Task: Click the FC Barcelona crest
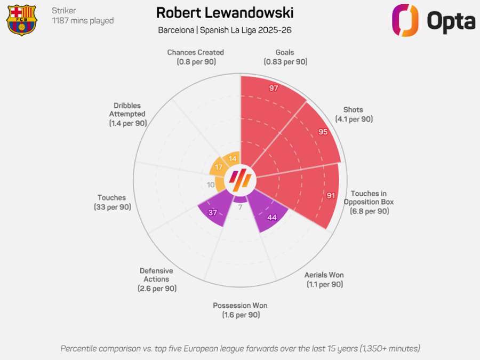(x=21, y=20)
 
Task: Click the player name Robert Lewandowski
(x=225, y=12)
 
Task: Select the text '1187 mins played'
(x=83, y=21)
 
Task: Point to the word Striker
(x=64, y=10)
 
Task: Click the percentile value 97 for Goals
(x=274, y=88)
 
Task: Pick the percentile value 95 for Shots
(x=323, y=132)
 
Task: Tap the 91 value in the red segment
(x=331, y=196)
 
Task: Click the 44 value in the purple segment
(x=272, y=217)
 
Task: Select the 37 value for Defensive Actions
(x=212, y=213)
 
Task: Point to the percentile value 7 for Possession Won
(x=240, y=207)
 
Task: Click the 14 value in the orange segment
(x=232, y=158)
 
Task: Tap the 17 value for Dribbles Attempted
(x=219, y=167)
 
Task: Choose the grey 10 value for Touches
(x=211, y=185)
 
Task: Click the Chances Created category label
(x=195, y=57)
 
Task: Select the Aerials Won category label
(x=324, y=279)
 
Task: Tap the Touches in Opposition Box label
(x=368, y=202)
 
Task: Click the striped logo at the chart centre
(x=240, y=181)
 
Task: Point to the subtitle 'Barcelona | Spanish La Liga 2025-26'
(x=225, y=30)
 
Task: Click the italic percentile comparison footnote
(x=240, y=348)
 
